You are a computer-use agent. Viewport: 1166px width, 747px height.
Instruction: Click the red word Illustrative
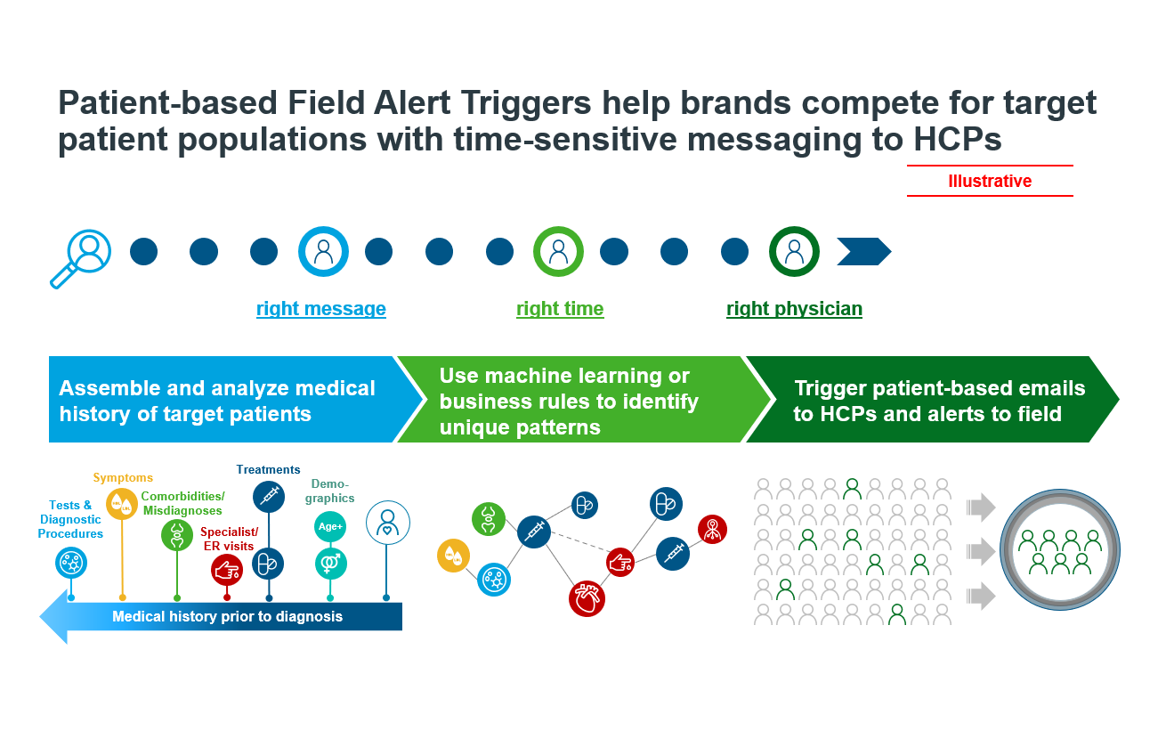pyautogui.click(x=990, y=181)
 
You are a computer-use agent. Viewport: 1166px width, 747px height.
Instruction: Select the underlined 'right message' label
pyautogui.click(x=321, y=309)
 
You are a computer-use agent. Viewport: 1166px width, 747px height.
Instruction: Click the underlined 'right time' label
pyautogui.click(x=560, y=309)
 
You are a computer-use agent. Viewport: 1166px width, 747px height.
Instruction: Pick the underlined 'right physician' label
pyautogui.click(x=794, y=309)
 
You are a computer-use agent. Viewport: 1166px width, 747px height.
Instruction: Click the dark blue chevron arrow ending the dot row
pyautogui.click(x=864, y=251)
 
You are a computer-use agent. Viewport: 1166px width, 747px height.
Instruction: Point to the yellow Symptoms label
pyautogui.click(x=123, y=477)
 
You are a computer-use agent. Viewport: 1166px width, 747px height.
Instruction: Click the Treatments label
pyautogui.click(x=268, y=469)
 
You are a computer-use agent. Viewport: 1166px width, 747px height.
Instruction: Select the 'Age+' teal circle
pyautogui.click(x=330, y=526)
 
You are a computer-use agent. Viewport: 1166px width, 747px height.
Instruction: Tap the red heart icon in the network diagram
pyautogui.click(x=587, y=598)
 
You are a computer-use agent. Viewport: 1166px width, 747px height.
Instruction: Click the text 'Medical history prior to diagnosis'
pyautogui.click(x=228, y=616)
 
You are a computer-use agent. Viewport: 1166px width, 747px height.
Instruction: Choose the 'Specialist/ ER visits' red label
pyautogui.click(x=229, y=539)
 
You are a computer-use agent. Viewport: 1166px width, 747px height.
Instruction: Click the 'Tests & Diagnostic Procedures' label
pyautogui.click(x=70, y=519)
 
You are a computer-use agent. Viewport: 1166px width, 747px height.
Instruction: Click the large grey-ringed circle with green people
pyautogui.click(x=1060, y=549)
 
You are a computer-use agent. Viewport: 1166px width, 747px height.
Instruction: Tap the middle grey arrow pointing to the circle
pyautogui.click(x=981, y=551)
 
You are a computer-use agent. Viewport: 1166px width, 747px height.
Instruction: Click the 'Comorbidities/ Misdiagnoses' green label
pyautogui.click(x=182, y=503)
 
